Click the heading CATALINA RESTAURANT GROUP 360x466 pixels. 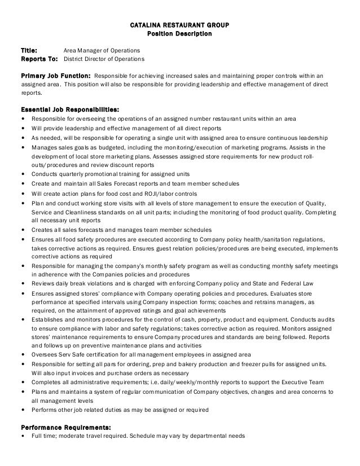tap(179, 26)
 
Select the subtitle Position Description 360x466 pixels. tap(179, 34)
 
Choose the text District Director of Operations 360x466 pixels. tap(104, 59)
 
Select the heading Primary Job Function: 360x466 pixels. tap(55, 75)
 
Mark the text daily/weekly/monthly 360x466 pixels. tap(183, 381)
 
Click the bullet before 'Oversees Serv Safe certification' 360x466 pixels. tap(22, 355)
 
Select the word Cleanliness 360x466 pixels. tap(71, 213)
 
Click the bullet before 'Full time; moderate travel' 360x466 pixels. tap(22, 436)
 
